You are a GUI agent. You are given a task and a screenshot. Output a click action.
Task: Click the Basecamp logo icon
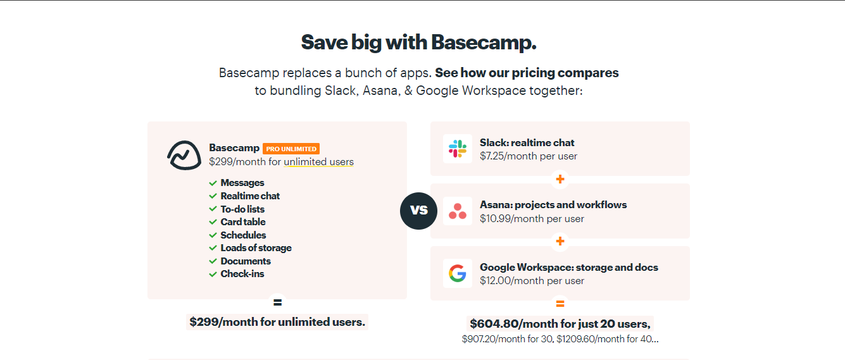[x=184, y=155]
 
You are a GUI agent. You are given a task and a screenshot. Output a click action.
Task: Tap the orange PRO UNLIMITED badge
[x=291, y=149]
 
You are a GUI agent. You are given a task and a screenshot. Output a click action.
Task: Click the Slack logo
[x=458, y=149]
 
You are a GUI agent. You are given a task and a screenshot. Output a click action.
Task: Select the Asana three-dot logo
[x=458, y=211]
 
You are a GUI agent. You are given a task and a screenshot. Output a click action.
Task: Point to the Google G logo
[x=458, y=273]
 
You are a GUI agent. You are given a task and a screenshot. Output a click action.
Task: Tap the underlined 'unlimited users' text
[x=318, y=162]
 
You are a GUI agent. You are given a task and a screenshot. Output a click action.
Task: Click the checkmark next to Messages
[x=213, y=183]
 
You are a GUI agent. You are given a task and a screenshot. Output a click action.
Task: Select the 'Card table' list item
[x=243, y=222]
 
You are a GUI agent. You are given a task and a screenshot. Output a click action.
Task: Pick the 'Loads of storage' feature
[x=256, y=248]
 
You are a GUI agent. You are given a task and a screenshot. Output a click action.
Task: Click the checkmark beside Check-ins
[x=213, y=274]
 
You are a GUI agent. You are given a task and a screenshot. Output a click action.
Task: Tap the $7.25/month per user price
[x=528, y=156]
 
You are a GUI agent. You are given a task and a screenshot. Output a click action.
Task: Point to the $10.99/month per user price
[x=532, y=219]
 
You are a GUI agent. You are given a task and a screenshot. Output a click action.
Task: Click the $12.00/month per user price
[x=532, y=281]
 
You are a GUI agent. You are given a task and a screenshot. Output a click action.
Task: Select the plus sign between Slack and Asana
[x=560, y=180]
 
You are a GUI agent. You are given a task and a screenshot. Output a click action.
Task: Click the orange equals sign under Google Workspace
[x=560, y=304]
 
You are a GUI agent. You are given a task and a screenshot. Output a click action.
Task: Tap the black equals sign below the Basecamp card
[x=277, y=302]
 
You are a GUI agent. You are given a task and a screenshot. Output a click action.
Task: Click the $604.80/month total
[x=560, y=324]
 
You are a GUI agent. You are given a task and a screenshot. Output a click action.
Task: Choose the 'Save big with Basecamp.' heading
[x=418, y=42]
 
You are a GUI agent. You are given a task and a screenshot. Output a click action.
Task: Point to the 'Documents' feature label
[x=246, y=261]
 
